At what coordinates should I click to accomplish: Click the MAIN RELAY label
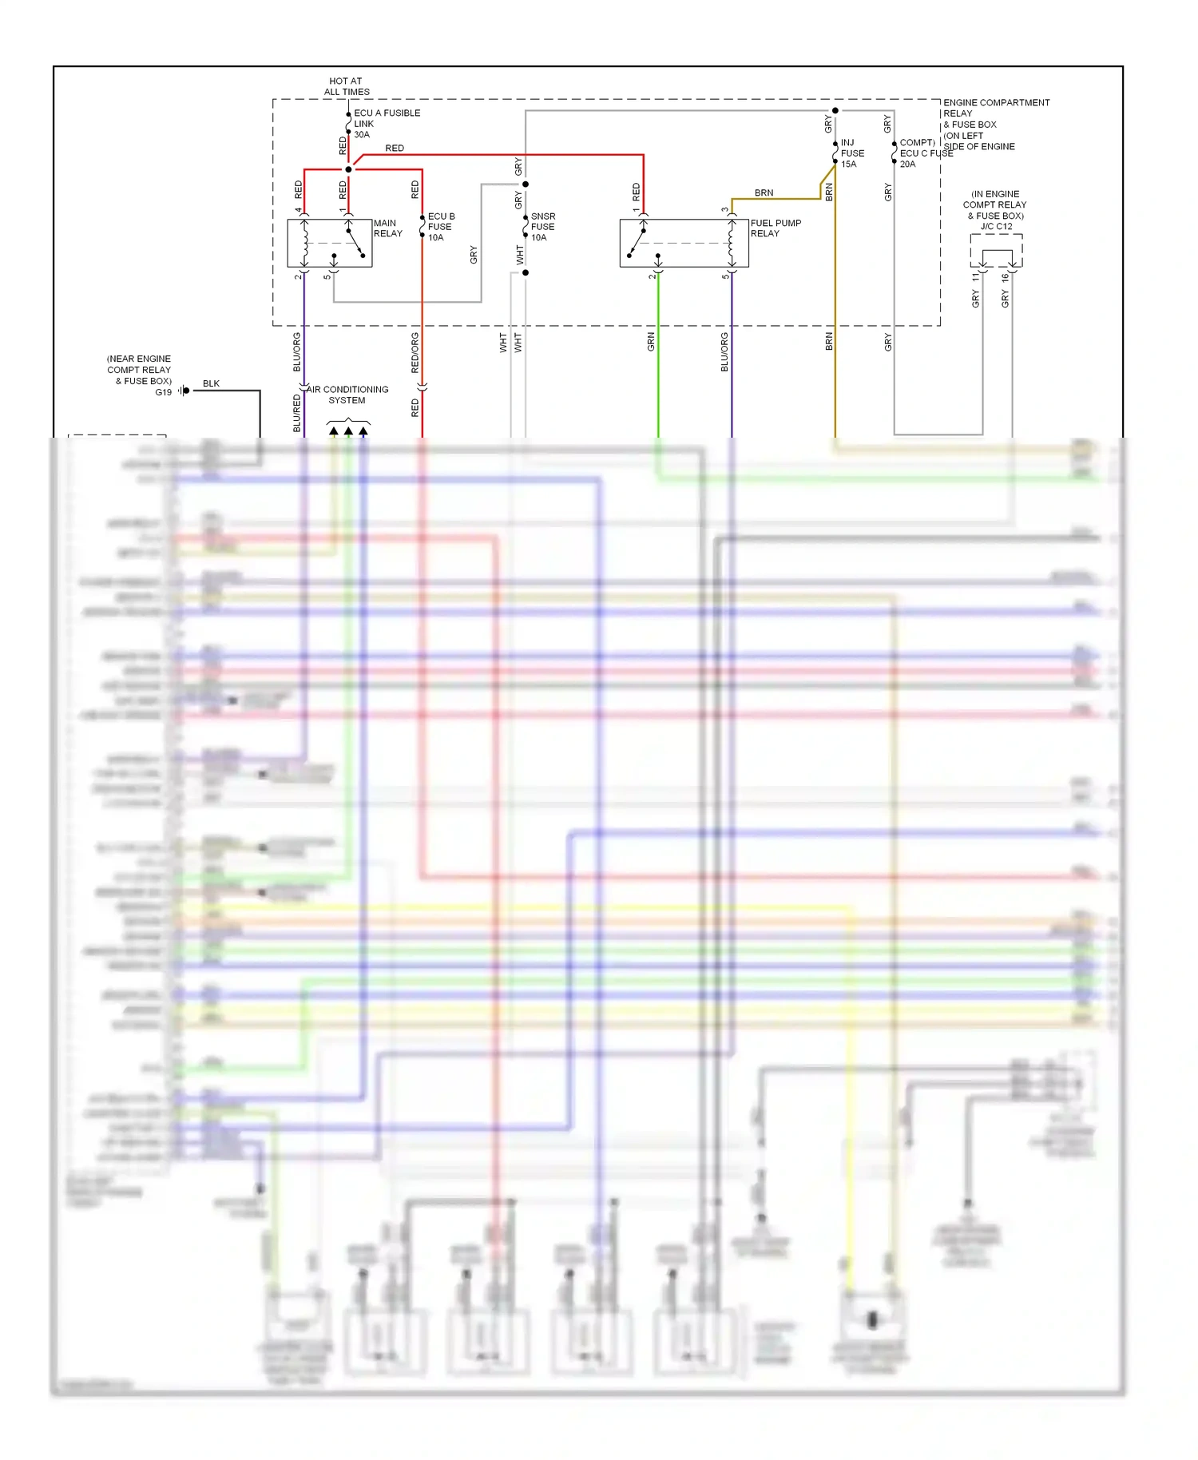tap(387, 228)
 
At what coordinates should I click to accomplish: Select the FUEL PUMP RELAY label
tap(775, 228)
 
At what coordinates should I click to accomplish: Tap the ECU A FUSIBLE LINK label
tap(386, 124)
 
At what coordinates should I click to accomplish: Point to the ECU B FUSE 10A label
tap(440, 227)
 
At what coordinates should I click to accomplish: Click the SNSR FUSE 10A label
tap(542, 227)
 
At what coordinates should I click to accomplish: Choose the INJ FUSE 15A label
tap(851, 153)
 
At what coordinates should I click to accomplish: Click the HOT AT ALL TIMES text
tap(346, 86)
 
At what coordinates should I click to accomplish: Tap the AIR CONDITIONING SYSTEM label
tap(347, 395)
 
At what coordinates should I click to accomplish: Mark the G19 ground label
tap(163, 392)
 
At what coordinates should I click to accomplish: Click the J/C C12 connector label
tap(996, 227)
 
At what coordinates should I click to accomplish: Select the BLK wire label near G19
tap(211, 383)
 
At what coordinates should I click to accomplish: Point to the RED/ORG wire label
tap(415, 352)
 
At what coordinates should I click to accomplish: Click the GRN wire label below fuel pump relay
tap(651, 342)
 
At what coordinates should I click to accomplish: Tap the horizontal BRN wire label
tap(764, 192)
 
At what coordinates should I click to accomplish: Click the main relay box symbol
tap(329, 243)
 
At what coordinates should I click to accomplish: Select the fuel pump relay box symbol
tap(684, 243)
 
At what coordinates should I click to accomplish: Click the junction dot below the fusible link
tap(348, 169)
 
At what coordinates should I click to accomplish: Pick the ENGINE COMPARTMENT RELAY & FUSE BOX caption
tap(995, 125)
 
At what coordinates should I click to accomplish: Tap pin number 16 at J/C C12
tap(1005, 277)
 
